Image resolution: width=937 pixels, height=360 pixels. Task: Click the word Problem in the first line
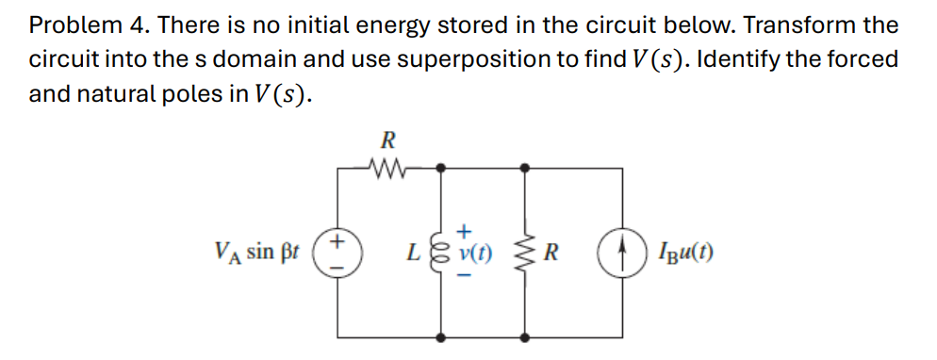(71, 25)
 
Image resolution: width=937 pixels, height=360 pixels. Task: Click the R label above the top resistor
(386, 141)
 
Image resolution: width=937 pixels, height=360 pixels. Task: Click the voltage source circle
(337, 253)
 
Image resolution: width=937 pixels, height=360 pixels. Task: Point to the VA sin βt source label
(255, 253)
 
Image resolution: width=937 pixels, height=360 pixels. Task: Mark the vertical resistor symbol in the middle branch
(524, 253)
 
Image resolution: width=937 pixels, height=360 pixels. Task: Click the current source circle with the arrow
(620, 253)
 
